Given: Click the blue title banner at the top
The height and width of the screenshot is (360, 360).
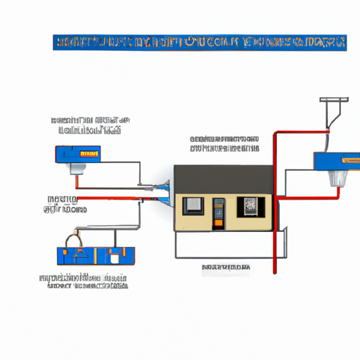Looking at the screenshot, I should click(199, 41).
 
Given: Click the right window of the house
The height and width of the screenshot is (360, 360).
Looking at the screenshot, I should click(251, 205).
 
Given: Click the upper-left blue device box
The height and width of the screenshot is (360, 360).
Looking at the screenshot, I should click(77, 153).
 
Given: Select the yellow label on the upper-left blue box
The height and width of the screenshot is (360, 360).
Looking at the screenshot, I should click(89, 153).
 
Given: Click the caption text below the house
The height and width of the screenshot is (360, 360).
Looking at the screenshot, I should click(226, 267).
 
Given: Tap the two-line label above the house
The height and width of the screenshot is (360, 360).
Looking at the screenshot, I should click(224, 143).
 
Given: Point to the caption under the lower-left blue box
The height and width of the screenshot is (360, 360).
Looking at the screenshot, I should click(84, 281).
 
